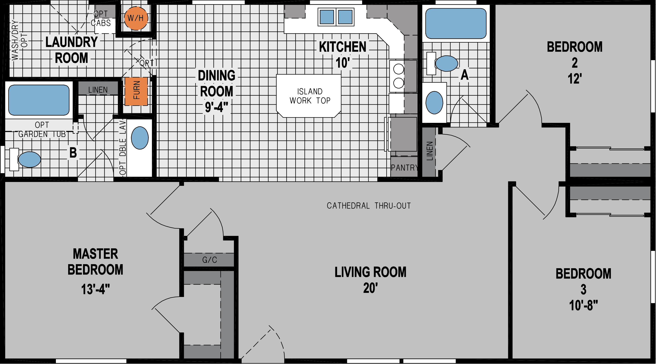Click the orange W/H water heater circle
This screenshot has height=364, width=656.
(x=136, y=18)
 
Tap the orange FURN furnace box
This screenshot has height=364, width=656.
(x=136, y=91)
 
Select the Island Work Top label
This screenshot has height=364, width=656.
(x=310, y=96)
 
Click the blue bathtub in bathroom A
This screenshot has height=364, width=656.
(x=456, y=23)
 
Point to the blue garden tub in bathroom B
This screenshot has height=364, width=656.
(x=39, y=100)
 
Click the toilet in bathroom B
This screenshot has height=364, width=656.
(x=29, y=159)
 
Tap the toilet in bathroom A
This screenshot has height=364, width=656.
(x=446, y=63)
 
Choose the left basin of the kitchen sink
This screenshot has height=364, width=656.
(x=327, y=17)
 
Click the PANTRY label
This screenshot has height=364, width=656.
(x=404, y=168)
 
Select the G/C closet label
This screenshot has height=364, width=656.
(x=209, y=260)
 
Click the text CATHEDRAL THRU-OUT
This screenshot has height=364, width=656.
(x=369, y=206)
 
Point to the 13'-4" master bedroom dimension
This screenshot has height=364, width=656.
(x=95, y=289)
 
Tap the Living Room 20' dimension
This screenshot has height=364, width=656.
(x=370, y=288)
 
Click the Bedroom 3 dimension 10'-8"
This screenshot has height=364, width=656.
(x=583, y=305)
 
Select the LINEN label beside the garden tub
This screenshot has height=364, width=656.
(x=98, y=90)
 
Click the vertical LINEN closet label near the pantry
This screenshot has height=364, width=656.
(x=429, y=151)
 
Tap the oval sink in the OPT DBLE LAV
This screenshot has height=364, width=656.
(x=140, y=138)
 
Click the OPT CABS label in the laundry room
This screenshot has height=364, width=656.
(x=101, y=18)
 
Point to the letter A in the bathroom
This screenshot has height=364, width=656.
(x=465, y=75)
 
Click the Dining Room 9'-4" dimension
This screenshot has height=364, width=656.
(x=216, y=107)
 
